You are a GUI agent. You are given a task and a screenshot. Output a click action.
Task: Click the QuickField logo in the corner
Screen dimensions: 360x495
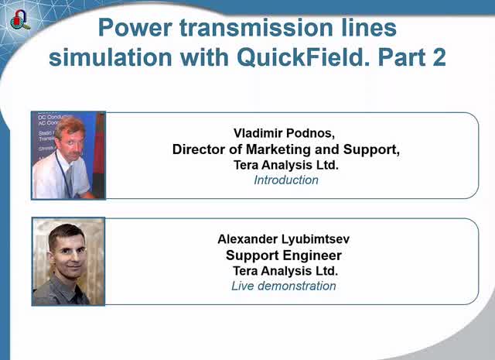coord(19,19)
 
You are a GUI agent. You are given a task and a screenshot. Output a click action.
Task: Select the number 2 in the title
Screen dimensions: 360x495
coord(437,58)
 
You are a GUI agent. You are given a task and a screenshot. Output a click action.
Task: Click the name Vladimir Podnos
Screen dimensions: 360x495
coord(286,132)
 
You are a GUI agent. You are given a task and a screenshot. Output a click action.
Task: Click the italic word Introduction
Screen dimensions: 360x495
coord(286,180)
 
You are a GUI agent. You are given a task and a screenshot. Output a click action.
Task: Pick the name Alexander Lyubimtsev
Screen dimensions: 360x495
coord(285,239)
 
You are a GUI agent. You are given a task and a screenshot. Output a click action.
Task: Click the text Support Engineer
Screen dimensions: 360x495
coord(284,255)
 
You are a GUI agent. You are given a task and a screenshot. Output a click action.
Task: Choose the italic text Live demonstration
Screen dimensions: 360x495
coord(284,286)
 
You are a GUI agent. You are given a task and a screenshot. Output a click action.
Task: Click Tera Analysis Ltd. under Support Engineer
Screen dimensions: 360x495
coord(285,271)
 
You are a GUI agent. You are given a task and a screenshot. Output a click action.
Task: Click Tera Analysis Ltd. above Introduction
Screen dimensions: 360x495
coord(286,165)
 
